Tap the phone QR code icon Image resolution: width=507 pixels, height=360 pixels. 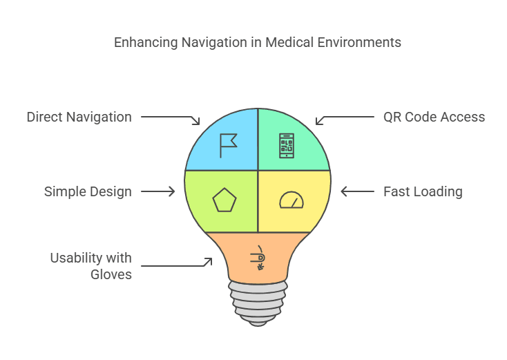[x=287, y=146]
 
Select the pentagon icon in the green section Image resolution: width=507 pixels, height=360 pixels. [x=224, y=201]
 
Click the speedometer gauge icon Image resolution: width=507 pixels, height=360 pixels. [x=291, y=200]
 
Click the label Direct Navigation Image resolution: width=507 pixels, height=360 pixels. [x=79, y=117]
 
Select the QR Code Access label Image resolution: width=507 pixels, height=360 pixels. [x=434, y=117]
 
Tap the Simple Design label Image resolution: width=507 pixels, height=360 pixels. [x=88, y=191]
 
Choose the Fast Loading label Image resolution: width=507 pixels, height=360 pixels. [x=423, y=191]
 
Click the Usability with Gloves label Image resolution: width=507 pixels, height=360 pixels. [x=90, y=266]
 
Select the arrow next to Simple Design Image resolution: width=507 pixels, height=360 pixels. [x=158, y=191]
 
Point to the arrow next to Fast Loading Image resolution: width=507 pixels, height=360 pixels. [x=357, y=191]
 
